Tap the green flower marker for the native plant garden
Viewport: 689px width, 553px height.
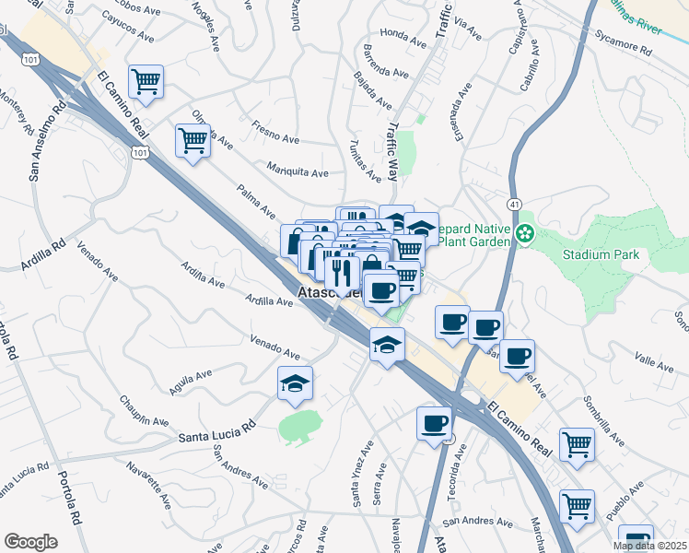[x=525, y=234]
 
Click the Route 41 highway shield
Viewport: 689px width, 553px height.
[x=514, y=202]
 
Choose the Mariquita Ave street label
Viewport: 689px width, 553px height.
[x=298, y=172]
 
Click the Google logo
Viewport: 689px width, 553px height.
[x=30, y=542]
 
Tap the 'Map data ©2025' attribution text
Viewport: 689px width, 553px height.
[x=649, y=546]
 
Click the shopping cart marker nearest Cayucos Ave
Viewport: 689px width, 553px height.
[x=146, y=83]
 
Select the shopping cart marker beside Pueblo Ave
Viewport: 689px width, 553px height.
[x=577, y=505]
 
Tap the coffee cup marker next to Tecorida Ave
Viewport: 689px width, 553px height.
[x=434, y=423]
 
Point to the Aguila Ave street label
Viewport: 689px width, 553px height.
[x=191, y=381]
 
